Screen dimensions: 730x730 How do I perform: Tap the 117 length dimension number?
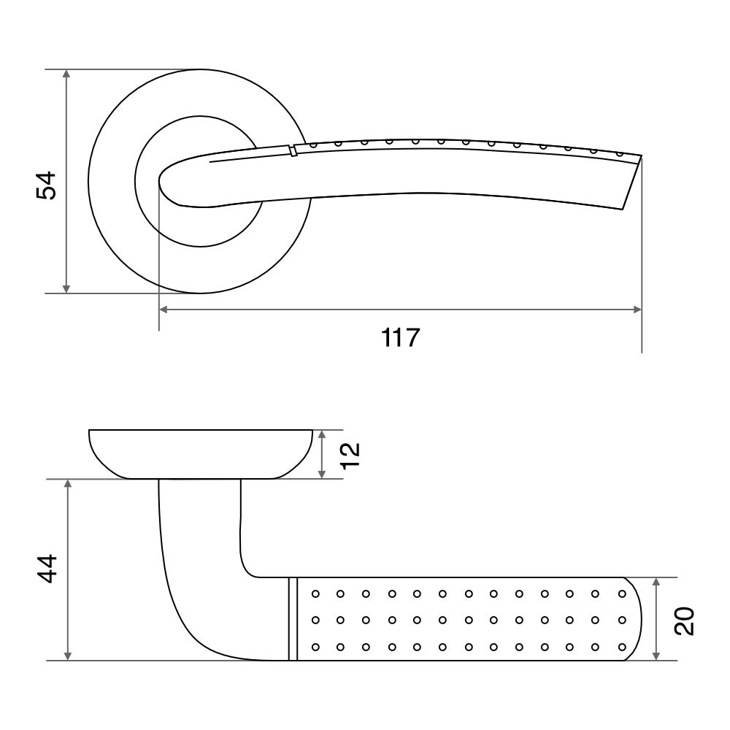[x=400, y=337]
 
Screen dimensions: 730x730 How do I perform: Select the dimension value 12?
[x=350, y=456]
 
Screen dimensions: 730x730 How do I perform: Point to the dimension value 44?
[x=47, y=569]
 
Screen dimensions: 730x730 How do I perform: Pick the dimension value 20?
[x=684, y=621]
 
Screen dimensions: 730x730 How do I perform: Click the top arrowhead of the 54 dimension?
[x=66, y=74]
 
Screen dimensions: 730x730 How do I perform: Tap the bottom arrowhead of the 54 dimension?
[x=66, y=288]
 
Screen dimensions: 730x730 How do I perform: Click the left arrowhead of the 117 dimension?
[x=164, y=310]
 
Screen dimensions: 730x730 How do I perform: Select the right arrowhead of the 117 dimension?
[x=637, y=310]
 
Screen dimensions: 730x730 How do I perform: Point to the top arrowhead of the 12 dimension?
[x=322, y=435]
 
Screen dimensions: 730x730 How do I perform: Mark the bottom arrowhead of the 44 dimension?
[x=69, y=656]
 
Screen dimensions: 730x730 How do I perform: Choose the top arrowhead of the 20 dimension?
[x=656, y=583]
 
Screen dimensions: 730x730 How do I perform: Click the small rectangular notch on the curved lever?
[x=293, y=151]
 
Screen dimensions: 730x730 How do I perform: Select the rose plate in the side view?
[x=200, y=454]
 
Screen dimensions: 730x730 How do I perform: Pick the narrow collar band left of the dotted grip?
[x=293, y=619]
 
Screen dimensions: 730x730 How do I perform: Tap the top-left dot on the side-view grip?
[x=315, y=593]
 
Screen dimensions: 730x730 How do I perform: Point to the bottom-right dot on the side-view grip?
[x=622, y=647]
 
